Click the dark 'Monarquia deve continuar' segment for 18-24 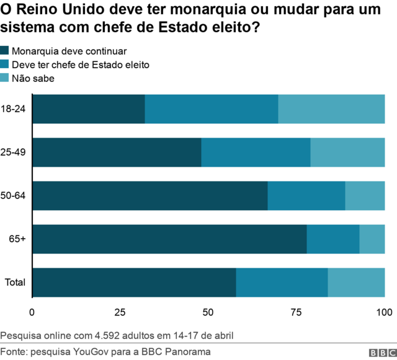pyautogui.click(x=88, y=109)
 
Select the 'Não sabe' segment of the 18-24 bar pyautogui.click(x=331, y=109)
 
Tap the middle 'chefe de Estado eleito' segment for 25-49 pyautogui.click(x=256, y=152)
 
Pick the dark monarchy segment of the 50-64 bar pyautogui.click(x=149, y=196)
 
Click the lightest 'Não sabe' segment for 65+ pyautogui.click(x=372, y=239)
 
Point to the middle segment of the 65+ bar pyautogui.click(x=333, y=239)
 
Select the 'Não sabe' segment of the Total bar pyautogui.click(x=356, y=283)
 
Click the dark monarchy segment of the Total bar pyautogui.click(x=134, y=283)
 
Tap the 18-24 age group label pyautogui.click(x=13, y=109)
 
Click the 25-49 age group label pyautogui.click(x=13, y=152)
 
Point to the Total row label pyautogui.click(x=15, y=283)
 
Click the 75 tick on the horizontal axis pyautogui.click(x=297, y=311)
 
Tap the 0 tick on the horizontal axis pyautogui.click(x=32, y=311)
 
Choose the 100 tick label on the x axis pyautogui.click(x=384, y=311)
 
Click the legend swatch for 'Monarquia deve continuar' pyautogui.click(x=5, y=51)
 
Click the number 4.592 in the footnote pyautogui.click(x=107, y=336)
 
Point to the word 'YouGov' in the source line pyautogui.click(x=92, y=351)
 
